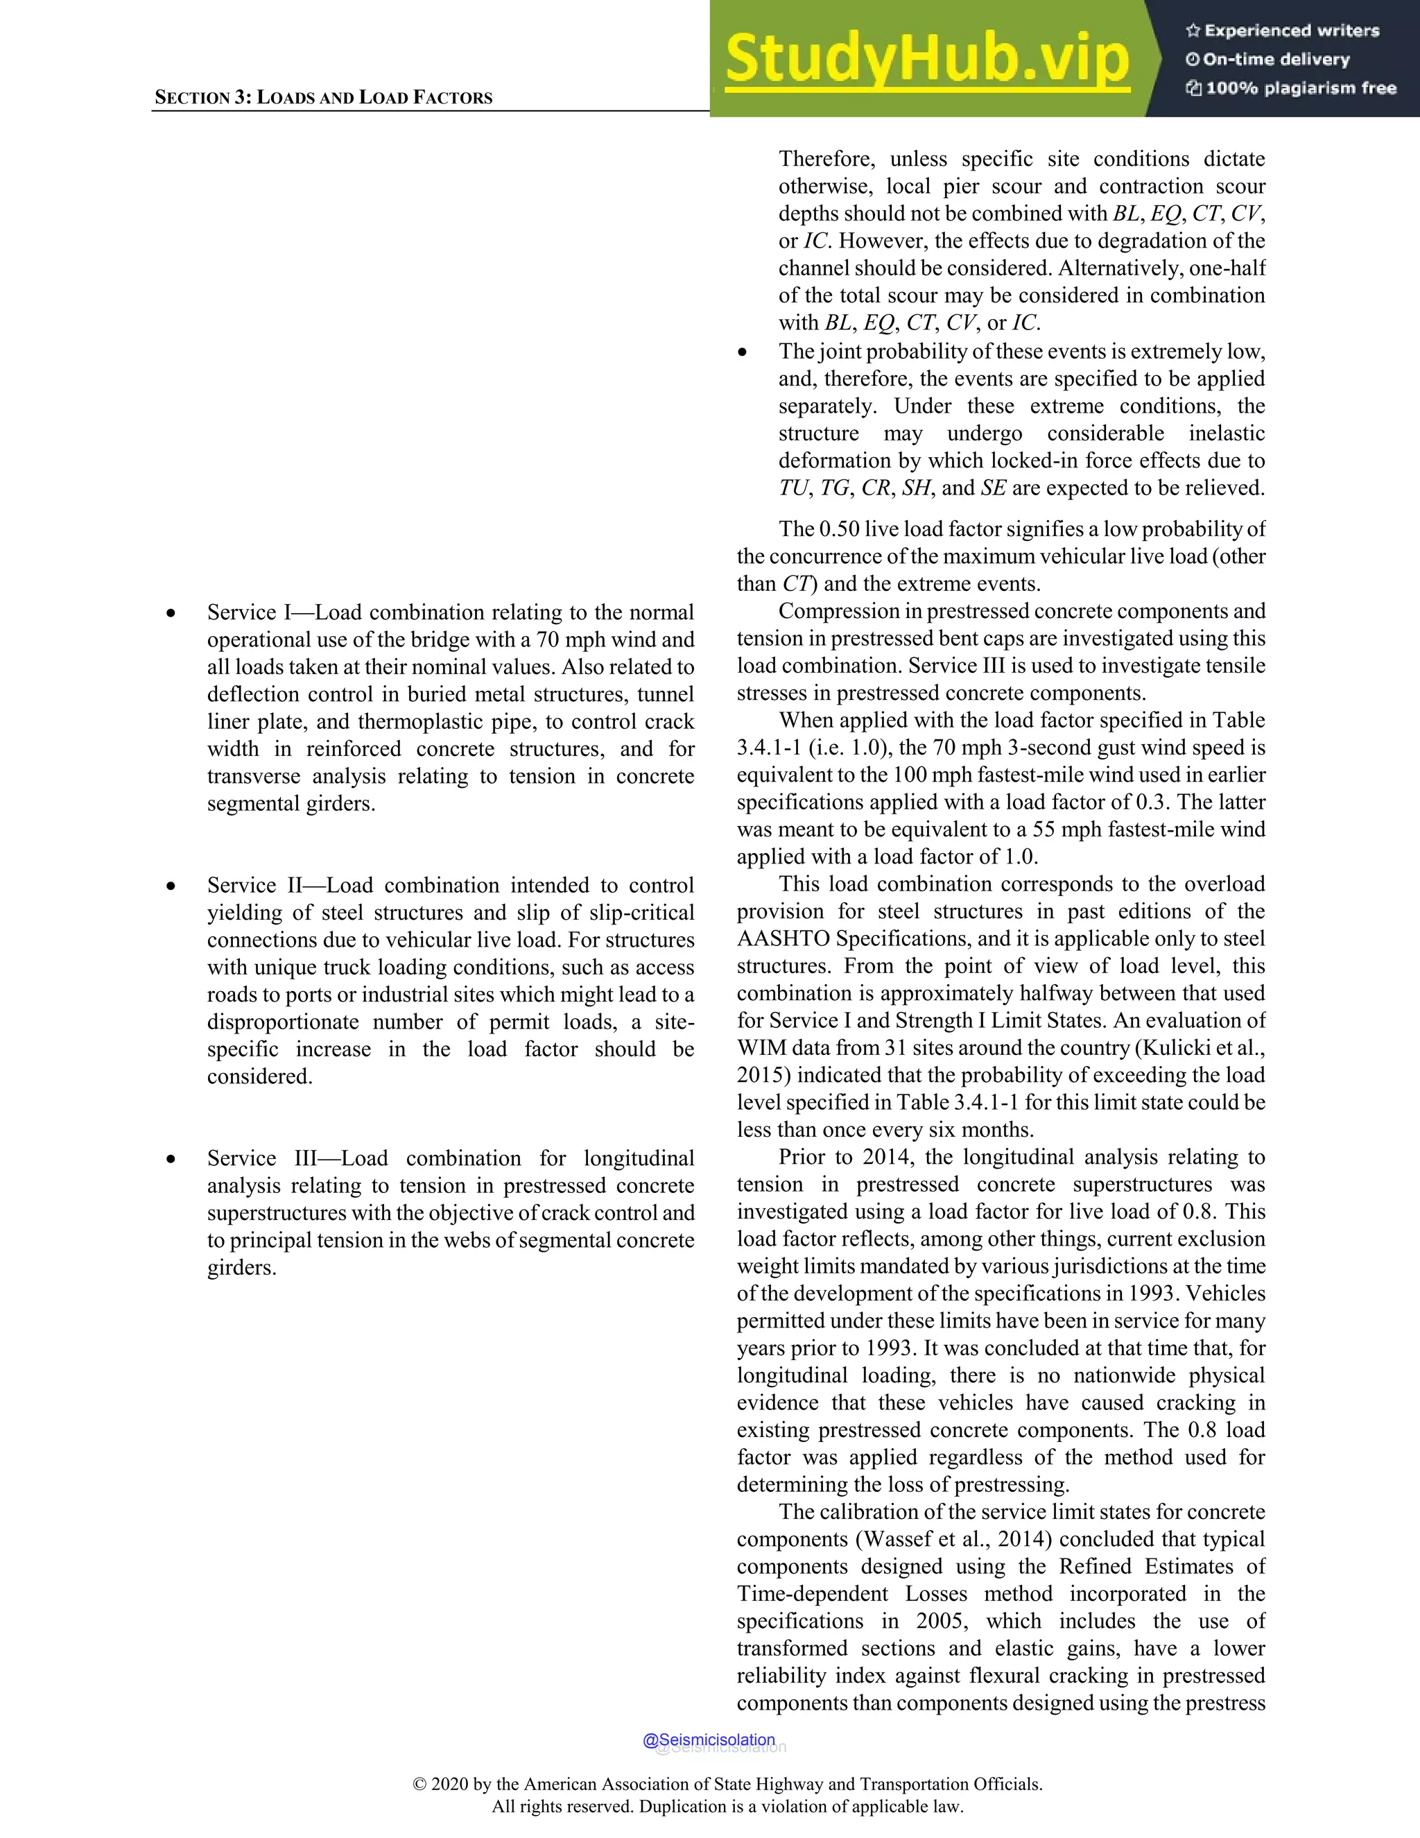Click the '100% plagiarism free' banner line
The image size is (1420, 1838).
pos(1291,88)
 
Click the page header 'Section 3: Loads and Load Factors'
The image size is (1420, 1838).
pos(323,98)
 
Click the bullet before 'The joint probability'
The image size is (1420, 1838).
pos(742,352)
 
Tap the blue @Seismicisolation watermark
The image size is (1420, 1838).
pos(709,1740)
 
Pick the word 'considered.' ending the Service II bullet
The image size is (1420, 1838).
pos(259,1076)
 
